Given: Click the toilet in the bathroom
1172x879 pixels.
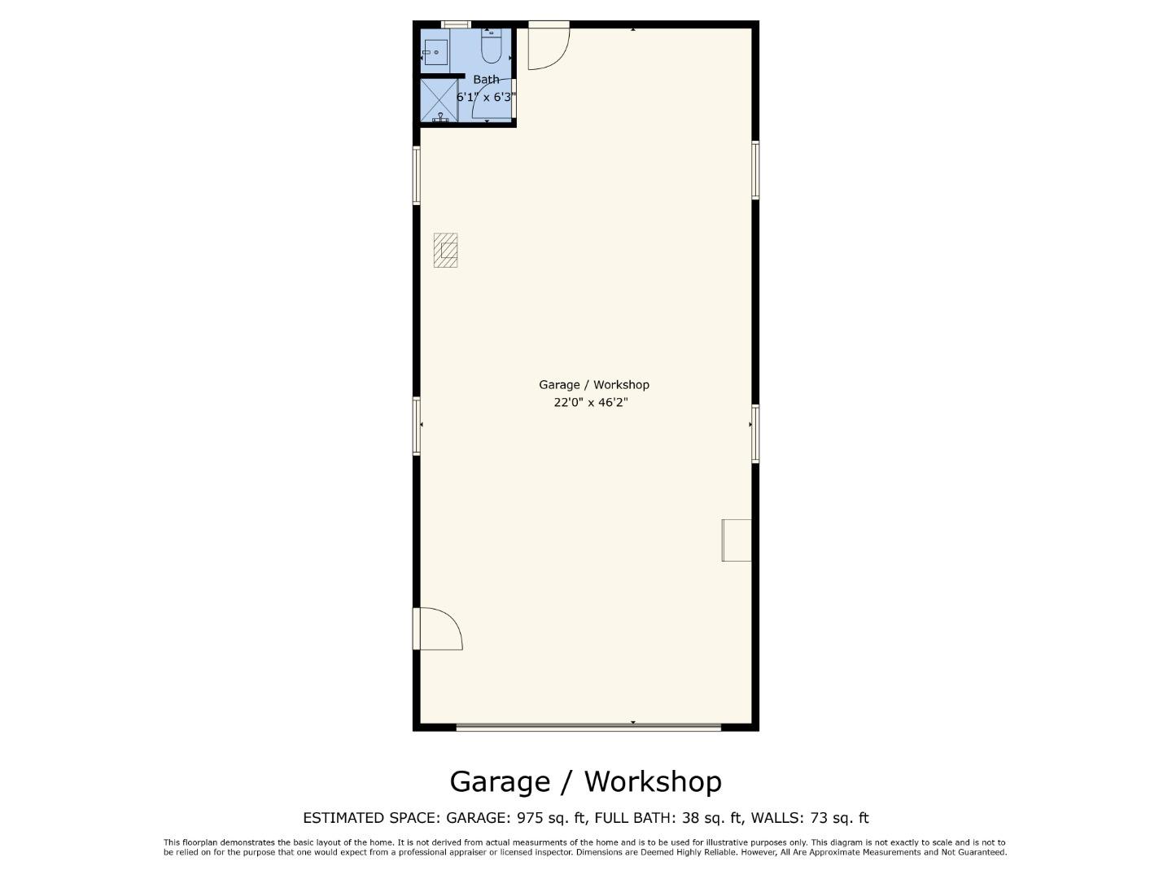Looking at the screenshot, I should pos(491,47).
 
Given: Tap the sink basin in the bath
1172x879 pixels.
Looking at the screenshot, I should pos(435,52).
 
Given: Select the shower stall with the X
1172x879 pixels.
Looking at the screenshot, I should pos(439,100).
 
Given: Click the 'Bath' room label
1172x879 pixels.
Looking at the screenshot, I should pos(486,80).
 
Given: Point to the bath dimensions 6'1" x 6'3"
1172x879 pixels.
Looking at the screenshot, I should pos(486,97).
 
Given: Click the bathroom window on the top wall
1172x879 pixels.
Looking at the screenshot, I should pos(456,24).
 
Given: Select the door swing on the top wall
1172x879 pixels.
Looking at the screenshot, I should pos(548,46).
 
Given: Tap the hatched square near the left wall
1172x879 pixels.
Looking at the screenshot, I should pos(445,250).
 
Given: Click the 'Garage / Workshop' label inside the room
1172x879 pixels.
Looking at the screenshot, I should pos(593,384).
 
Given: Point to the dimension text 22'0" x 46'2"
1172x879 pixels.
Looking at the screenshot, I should pos(590,402).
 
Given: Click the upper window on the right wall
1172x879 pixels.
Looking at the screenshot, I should pos(755,170).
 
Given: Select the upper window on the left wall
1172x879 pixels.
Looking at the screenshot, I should pos(417,175).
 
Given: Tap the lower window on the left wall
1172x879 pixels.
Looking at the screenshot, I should pos(417,425).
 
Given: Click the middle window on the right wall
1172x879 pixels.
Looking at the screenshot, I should pos(755,434).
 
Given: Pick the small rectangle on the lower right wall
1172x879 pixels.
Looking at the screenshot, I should pos(737,540).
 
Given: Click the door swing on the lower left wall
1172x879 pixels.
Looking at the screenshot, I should pos(438,629).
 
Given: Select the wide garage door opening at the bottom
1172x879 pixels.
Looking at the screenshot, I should pos(588,727).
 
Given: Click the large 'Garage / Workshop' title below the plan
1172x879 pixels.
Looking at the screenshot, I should pos(585,781).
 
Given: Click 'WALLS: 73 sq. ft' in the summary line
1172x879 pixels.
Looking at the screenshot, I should pos(809,818).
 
